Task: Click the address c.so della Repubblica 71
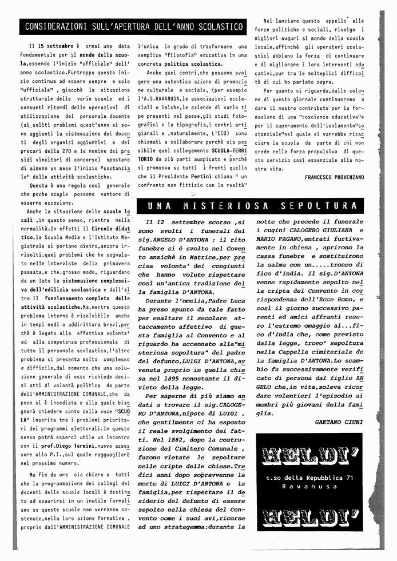coord(309,477)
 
